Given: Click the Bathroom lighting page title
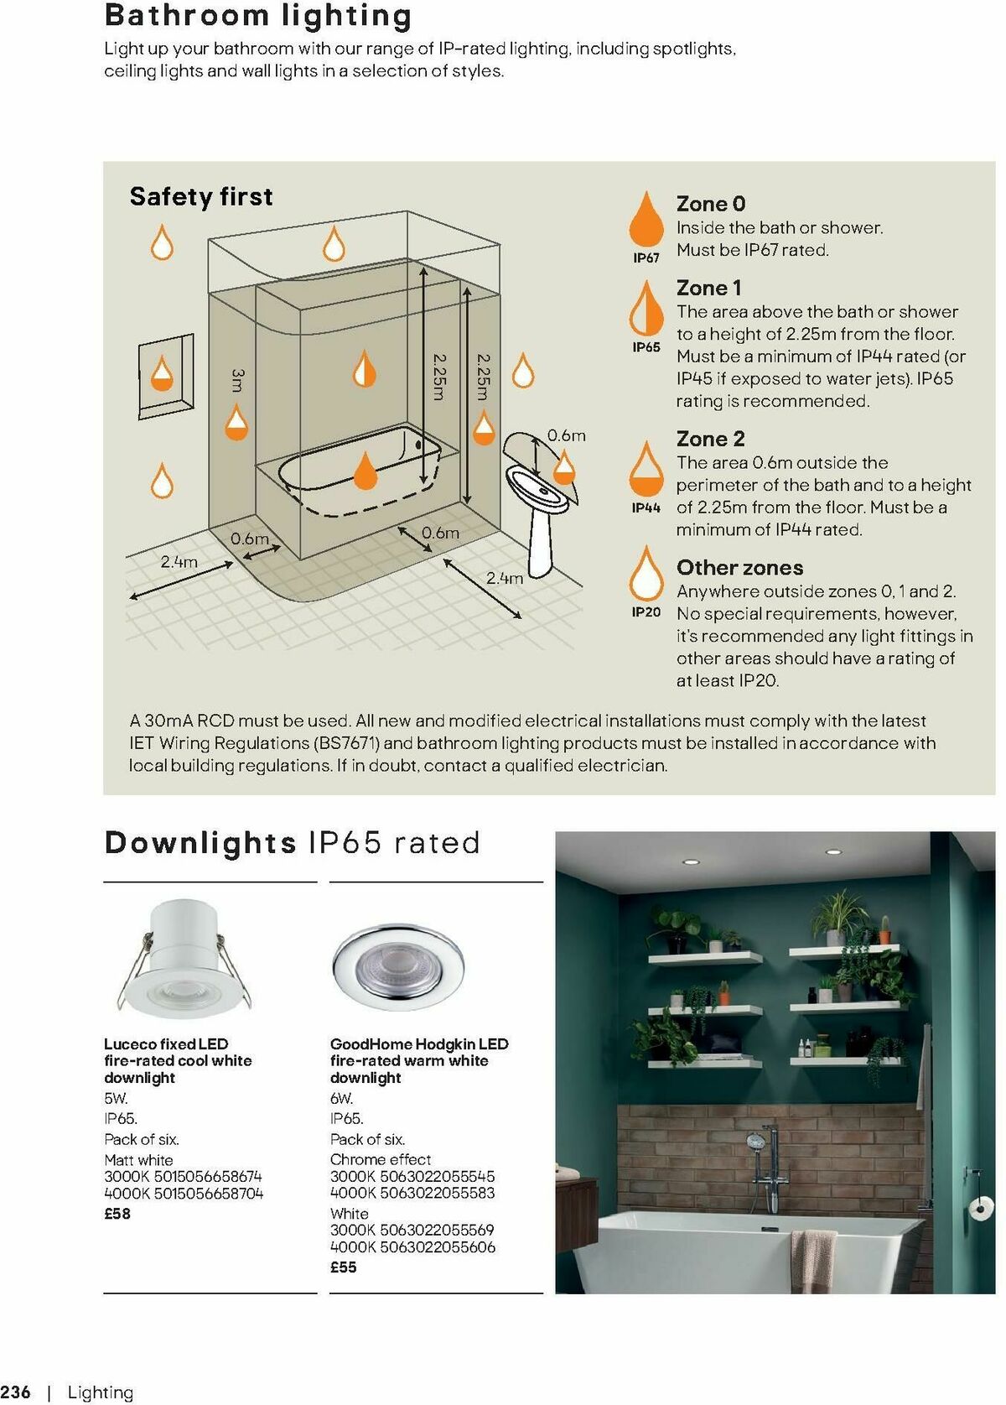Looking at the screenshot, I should pyautogui.click(x=258, y=16).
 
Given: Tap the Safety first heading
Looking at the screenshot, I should pyautogui.click(x=201, y=196).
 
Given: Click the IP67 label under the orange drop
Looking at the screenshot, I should pyautogui.click(x=646, y=258).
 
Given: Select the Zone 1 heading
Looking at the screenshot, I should pyautogui.click(x=708, y=288).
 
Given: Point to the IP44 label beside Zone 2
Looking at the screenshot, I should pyautogui.click(x=646, y=507).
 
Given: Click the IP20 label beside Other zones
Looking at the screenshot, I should pyautogui.click(x=646, y=612).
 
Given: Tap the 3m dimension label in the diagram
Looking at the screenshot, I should pyautogui.click(x=238, y=380).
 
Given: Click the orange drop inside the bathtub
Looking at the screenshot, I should pyautogui.click(x=366, y=471).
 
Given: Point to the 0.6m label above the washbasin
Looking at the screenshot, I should pyautogui.click(x=567, y=435).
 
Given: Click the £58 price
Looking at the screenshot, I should pyautogui.click(x=117, y=1214).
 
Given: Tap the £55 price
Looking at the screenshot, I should pyautogui.click(x=344, y=1267).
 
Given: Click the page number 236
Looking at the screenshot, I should pyautogui.click(x=16, y=1392).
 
